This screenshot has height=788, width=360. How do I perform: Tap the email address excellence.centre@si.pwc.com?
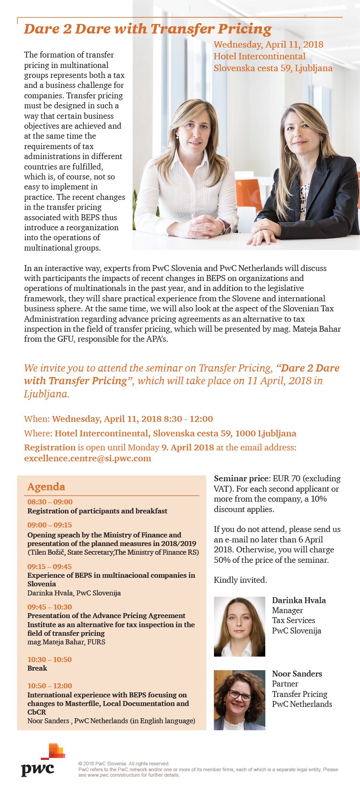(x=88, y=458)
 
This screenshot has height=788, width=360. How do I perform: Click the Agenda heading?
(x=46, y=487)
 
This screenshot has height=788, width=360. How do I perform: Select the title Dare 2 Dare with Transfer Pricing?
(x=148, y=29)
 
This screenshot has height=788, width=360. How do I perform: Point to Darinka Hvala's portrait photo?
(x=239, y=626)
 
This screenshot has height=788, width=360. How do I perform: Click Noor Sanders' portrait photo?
(x=239, y=700)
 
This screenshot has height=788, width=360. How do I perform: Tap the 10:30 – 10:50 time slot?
(x=49, y=659)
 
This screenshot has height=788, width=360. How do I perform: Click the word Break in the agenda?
(x=37, y=668)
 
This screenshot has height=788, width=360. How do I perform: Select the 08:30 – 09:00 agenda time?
(x=50, y=502)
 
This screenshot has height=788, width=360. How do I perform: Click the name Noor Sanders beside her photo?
(x=297, y=674)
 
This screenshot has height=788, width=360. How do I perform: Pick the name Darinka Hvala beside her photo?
(x=299, y=600)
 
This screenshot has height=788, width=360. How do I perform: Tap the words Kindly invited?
(x=240, y=580)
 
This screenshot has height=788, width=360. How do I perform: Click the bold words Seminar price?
(x=241, y=479)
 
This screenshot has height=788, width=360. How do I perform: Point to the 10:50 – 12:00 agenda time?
(x=50, y=686)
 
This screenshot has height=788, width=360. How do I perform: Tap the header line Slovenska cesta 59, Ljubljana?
(x=273, y=68)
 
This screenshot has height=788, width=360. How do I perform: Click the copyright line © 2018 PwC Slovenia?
(x=124, y=764)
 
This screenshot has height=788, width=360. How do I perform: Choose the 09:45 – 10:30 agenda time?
(x=49, y=607)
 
